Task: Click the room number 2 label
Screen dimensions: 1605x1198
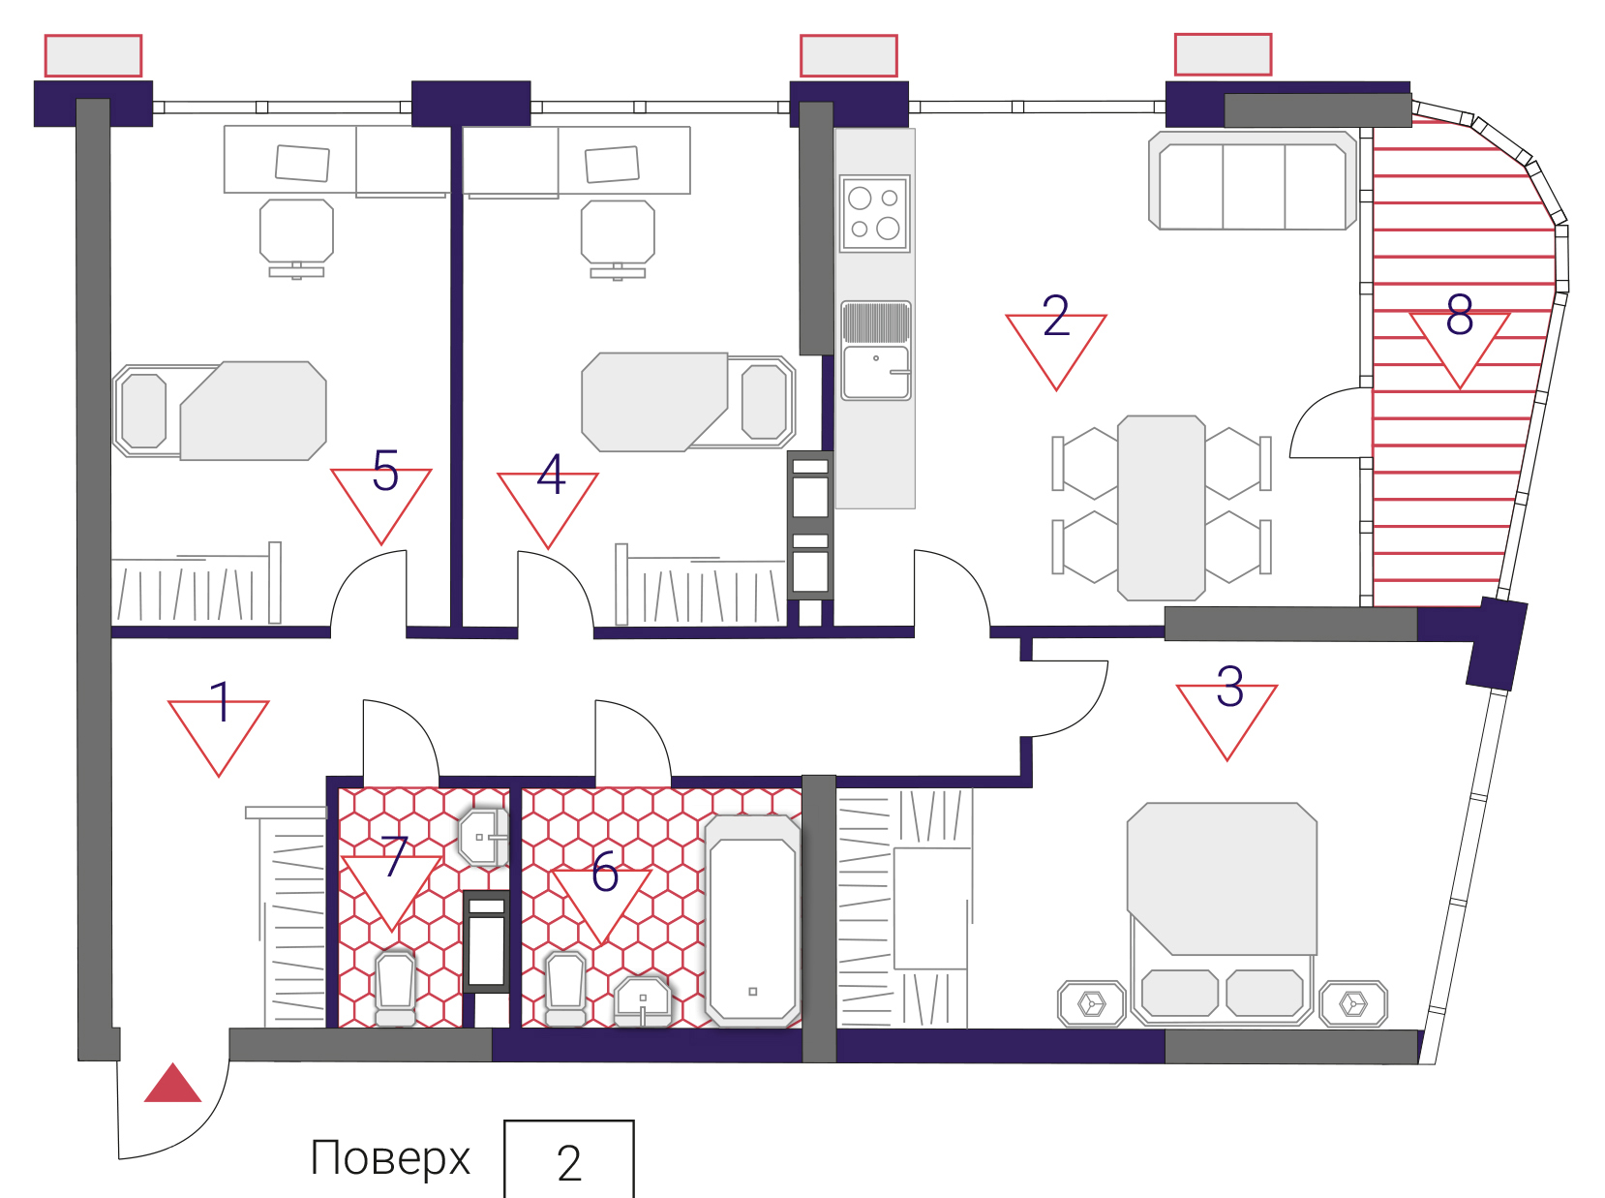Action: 1056,316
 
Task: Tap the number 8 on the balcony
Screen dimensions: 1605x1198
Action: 1460,315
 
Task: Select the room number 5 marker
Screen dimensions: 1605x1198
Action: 385,471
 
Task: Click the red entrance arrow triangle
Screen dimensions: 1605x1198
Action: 172,1083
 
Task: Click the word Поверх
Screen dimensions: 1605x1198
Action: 390,1158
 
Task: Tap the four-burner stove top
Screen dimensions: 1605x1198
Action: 874,214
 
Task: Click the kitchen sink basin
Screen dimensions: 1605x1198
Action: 876,372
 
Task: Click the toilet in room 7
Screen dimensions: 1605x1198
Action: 396,988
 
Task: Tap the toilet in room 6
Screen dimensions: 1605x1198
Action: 566,988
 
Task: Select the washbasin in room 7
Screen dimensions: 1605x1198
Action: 483,838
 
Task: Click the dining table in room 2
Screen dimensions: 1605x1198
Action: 1162,508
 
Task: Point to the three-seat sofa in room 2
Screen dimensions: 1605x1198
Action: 1253,181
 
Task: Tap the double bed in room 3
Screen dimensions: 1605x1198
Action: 1221,914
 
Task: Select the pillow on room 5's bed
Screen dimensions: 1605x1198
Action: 144,411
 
